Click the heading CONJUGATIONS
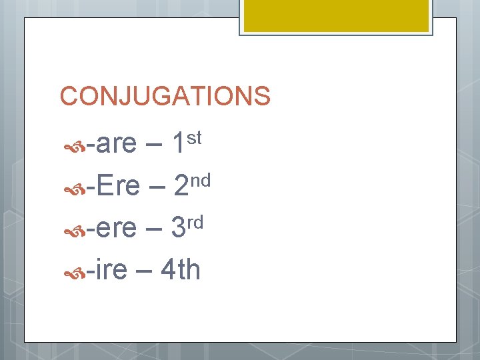point(165,96)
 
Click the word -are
point(114,143)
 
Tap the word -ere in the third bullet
point(114,229)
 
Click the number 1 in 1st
point(177,143)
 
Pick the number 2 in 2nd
point(180,186)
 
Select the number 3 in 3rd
point(178,229)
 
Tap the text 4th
point(180,270)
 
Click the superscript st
point(193,137)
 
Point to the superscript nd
point(200,180)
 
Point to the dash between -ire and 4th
point(144,272)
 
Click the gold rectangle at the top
point(335,15)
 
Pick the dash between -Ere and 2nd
point(157,188)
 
